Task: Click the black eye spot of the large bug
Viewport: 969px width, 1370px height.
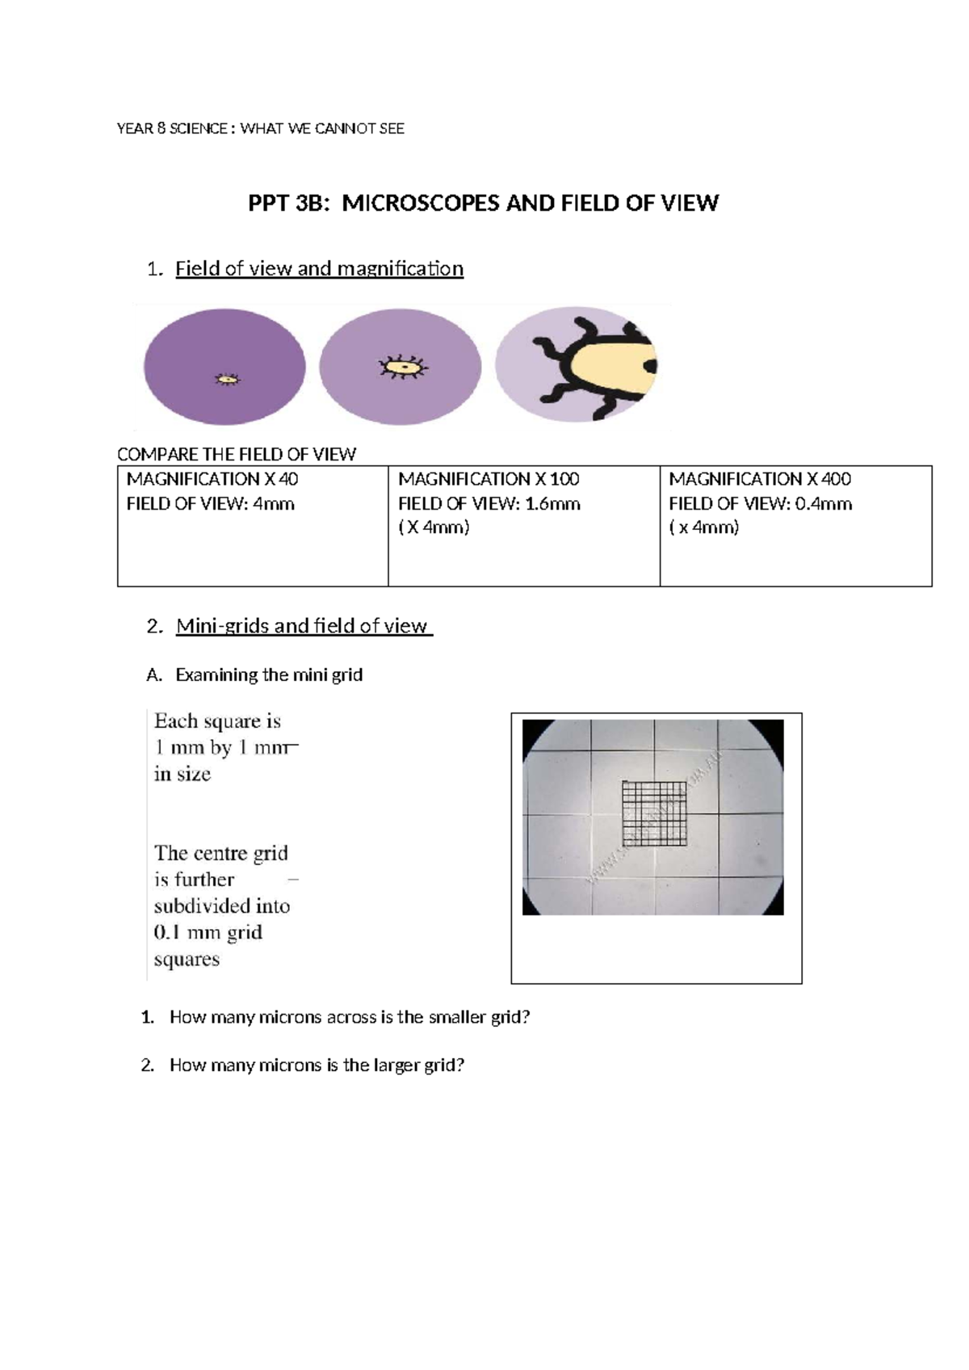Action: [651, 366]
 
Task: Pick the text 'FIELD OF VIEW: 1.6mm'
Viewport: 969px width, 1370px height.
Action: [489, 504]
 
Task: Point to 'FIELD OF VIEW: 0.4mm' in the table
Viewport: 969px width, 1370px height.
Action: [760, 504]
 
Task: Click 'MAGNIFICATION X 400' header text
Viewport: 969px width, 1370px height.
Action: [759, 479]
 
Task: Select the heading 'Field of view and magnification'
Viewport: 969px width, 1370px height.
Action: [319, 269]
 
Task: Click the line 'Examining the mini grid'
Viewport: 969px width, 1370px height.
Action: [268, 674]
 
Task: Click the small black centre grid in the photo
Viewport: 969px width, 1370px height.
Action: [655, 813]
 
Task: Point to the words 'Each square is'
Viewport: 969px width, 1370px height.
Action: [217, 721]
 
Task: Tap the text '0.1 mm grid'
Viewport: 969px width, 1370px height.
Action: [208, 932]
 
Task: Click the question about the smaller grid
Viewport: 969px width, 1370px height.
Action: [349, 1017]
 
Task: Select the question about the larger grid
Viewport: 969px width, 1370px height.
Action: [317, 1065]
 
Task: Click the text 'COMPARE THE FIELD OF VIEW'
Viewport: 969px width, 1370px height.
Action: [236, 454]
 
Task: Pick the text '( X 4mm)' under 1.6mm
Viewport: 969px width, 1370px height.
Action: [434, 527]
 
